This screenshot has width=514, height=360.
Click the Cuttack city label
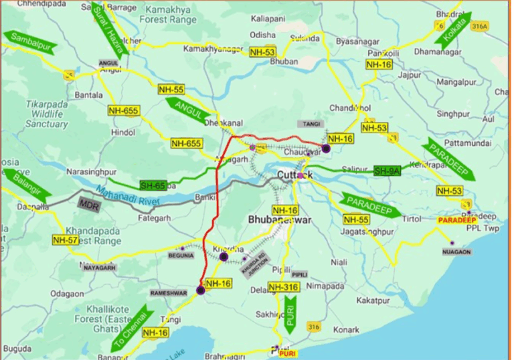coord(294,175)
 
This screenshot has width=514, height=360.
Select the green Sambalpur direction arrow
coord(29,41)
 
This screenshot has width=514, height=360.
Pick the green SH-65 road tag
coord(153,185)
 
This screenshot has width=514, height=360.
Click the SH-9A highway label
coord(387,171)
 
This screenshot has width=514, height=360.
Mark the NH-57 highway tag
coord(65,240)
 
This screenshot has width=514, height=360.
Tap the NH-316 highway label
coord(282,288)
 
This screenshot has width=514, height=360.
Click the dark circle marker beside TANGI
coord(326,149)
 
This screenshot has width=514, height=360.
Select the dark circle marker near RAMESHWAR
coord(200,290)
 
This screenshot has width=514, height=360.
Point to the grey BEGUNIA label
coord(179,254)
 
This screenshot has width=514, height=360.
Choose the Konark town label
coord(346,330)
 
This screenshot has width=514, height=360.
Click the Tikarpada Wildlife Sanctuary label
coord(47,114)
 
